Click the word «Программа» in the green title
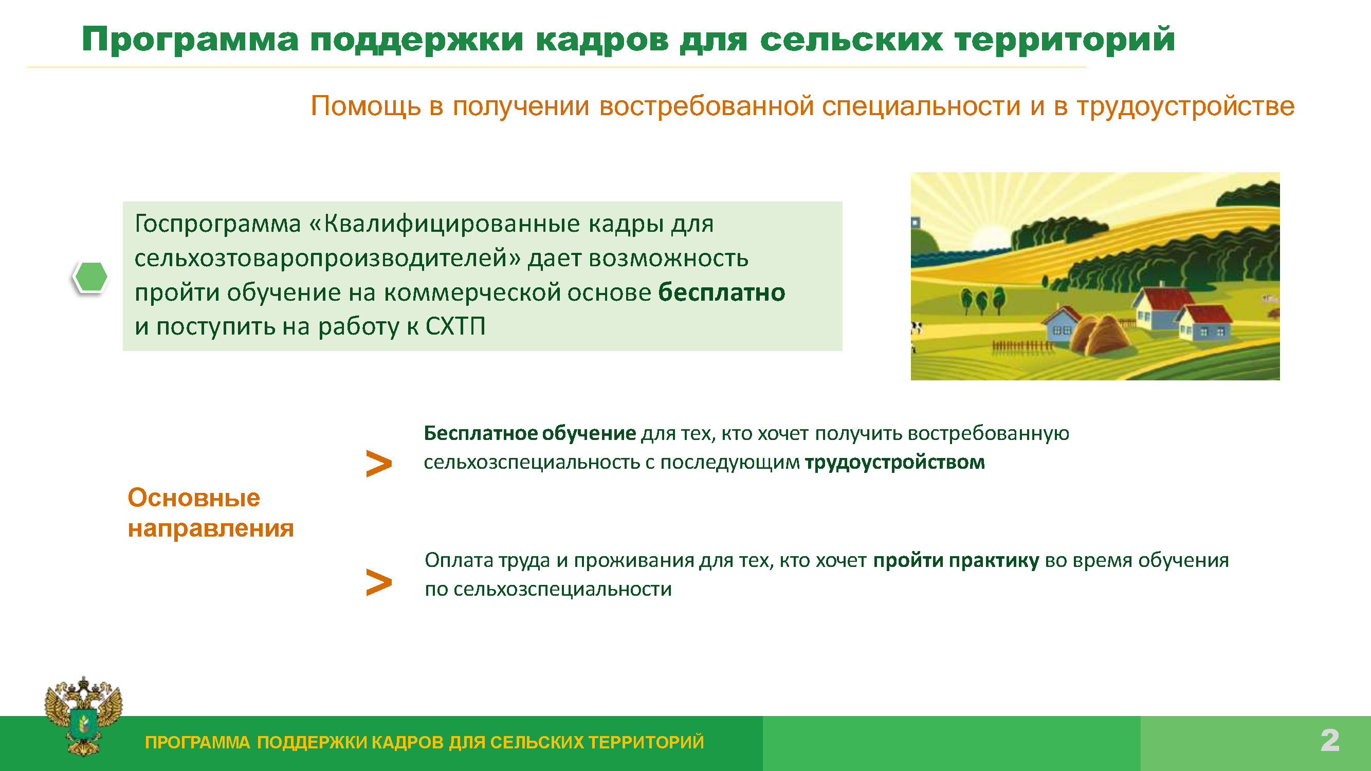(x=190, y=41)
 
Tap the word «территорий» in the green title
(x=1065, y=41)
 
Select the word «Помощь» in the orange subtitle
(x=365, y=106)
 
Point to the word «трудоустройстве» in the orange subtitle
(x=1186, y=106)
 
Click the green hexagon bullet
(x=90, y=277)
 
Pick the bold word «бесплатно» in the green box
(x=722, y=292)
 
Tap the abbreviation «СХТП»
(x=455, y=326)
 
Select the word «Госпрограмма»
(x=217, y=224)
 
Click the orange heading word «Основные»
(x=194, y=498)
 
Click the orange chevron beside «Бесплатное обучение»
(x=379, y=464)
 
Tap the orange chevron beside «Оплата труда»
(x=379, y=582)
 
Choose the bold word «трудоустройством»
(x=894, y=463)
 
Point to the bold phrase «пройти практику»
(x=956, y=561)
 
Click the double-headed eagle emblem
(x=84, y=715)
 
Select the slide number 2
(x=1329, y=740)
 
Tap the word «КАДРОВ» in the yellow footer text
(x=407, y=742)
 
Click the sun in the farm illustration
(x=991, y=237)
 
